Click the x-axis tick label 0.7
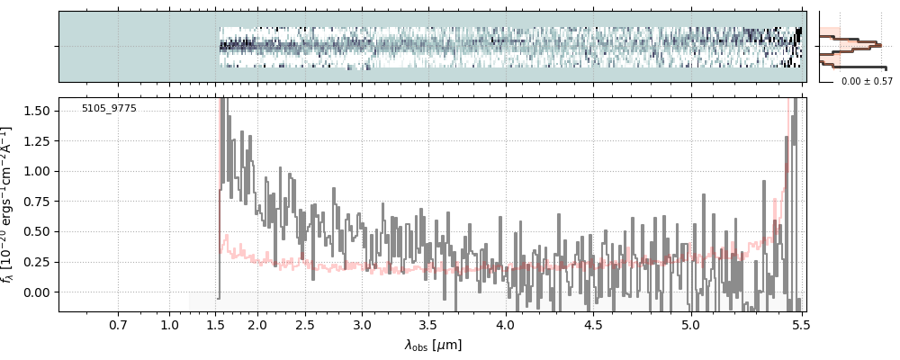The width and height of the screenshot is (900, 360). [x=118, y=325]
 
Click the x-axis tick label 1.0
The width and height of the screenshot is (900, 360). [x=169, y=325]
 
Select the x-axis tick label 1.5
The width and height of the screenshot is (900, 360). [x=217, y=325]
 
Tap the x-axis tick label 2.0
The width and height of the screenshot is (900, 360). [x=257, y=325]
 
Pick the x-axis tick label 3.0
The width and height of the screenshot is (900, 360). [x=362, y=325]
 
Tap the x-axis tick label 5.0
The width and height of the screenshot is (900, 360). [x=690, y=325]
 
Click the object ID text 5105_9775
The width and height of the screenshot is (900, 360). [x=109, y=109]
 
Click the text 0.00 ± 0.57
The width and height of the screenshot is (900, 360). [x=867, y=82]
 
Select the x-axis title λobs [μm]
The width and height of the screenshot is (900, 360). [x=433, y=345]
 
